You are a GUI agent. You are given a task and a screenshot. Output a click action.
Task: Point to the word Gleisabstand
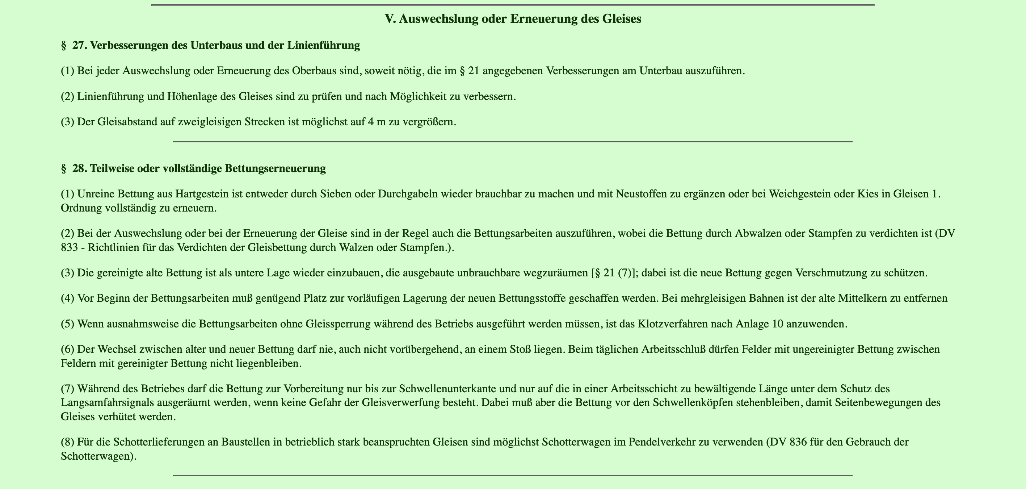point(123,122)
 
